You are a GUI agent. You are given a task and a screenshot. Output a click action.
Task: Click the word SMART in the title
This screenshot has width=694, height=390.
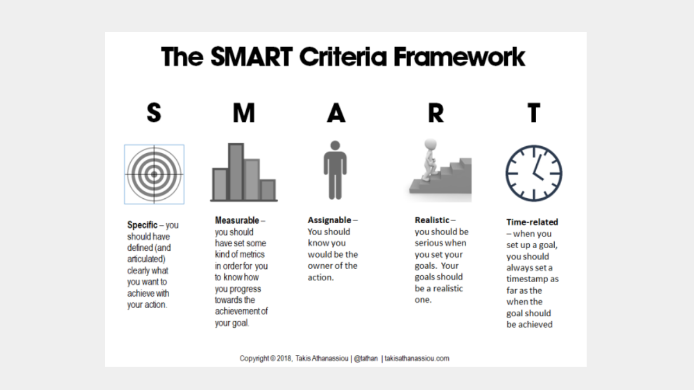pos(251,57)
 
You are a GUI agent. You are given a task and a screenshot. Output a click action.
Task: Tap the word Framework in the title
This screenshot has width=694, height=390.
pos(459,57)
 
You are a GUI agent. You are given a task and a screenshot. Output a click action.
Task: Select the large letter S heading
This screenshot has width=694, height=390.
pos(154,113)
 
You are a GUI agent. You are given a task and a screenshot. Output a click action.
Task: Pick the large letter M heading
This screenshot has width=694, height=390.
pos(244,113)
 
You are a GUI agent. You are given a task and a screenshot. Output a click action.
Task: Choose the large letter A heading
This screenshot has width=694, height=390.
pos(336,113)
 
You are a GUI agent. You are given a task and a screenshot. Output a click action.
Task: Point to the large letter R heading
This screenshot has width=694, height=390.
pos(436,113)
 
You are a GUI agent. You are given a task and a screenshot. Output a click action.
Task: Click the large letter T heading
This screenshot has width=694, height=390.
pos(534,113)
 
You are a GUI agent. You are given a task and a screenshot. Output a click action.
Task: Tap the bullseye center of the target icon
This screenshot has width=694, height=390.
pos(154,174)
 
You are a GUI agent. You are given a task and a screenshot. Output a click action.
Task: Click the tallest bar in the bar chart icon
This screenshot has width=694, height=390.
pos(236,172)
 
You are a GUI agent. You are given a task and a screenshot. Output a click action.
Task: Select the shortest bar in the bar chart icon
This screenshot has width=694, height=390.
pos(268,190)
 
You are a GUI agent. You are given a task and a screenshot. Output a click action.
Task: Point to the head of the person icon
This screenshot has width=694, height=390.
pos(335,145)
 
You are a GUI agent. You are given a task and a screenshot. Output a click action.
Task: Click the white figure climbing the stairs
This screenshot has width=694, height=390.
pos(429,159)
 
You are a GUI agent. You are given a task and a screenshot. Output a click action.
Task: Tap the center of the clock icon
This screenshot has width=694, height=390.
pos(534,173)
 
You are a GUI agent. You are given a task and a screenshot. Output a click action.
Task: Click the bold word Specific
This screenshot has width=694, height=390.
pos(142,225)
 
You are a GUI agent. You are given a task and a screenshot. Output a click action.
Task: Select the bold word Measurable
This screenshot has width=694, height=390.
pos(237,220)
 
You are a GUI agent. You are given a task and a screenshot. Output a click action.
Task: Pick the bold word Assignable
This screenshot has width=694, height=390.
pos(329,220)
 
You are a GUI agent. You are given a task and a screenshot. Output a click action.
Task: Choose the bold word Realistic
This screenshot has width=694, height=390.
pos(432,220)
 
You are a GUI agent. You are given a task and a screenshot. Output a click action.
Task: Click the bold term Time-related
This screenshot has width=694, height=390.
pos(532,222)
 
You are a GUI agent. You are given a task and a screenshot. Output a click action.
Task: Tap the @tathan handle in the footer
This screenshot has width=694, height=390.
pos(365,359)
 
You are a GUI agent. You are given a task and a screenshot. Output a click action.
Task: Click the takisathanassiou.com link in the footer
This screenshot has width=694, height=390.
pos(417,359)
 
